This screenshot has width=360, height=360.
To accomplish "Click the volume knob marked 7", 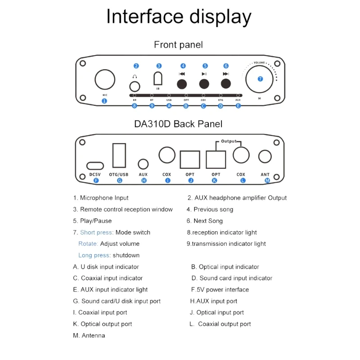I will pos(260,79).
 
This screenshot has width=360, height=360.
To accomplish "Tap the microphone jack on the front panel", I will pos(104,80).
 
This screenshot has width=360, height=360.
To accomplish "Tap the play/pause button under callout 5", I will pos(204,84).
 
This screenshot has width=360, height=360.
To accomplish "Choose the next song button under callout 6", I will pos(225,84).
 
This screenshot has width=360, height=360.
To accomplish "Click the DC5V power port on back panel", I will pos(95,165).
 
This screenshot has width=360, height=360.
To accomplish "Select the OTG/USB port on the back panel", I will pos(119,155).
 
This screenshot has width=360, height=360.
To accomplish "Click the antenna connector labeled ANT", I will pos(265,157).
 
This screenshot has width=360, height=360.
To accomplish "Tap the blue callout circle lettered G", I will pos(120,180).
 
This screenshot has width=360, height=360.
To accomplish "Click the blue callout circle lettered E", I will pos(238,106).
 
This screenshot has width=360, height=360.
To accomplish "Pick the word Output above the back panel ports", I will pos(229,141).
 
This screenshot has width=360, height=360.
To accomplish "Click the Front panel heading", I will pos(178,45).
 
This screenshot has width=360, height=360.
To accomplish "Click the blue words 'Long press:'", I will pos(94,255).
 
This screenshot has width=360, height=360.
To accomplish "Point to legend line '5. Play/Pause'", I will pos(92,221).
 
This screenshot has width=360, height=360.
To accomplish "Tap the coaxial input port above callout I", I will pos(167,155).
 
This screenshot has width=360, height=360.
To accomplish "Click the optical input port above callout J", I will pos(190,159).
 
